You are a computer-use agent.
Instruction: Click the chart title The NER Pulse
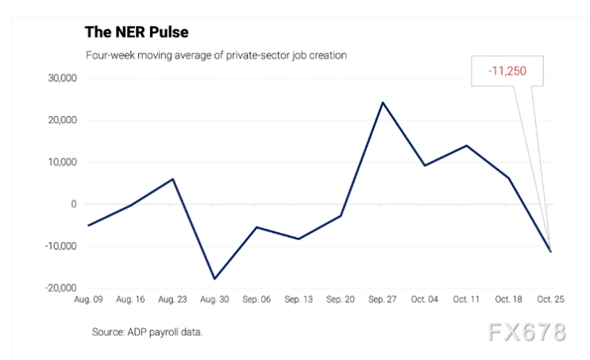point(136,32)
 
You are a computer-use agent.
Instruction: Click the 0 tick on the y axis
point(73,204)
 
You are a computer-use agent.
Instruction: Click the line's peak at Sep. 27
point(382,103)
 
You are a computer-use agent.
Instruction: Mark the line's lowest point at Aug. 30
point(214,279)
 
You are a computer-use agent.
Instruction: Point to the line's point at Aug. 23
point(172,179)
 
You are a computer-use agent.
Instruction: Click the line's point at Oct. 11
point(466,145)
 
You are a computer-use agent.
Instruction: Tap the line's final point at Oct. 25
point(550,251)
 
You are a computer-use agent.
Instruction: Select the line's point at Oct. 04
point(424,165)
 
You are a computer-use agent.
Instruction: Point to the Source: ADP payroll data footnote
point(147,331)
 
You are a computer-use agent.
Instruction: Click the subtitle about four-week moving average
point(216,56)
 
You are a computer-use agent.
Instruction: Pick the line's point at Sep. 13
point(299,238)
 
